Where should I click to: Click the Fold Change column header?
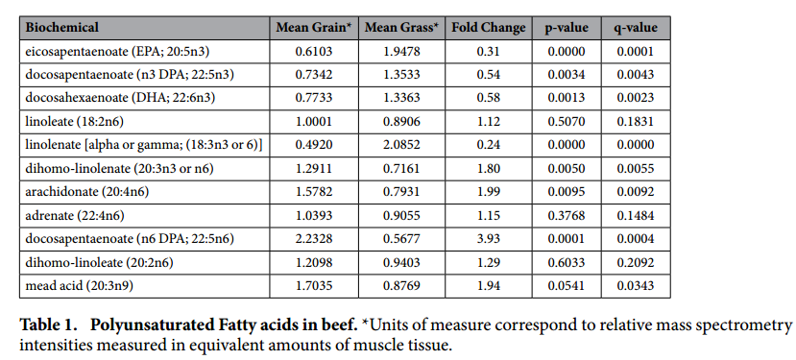[489, 28]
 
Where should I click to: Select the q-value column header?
[636, 28]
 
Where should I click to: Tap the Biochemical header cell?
[62, 28]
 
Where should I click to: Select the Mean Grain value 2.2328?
[314, 239]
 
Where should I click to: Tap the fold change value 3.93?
[489, 239]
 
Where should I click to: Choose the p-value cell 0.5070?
[566, 122]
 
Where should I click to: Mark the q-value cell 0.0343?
[636, 286]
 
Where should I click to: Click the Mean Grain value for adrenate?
[314, 215]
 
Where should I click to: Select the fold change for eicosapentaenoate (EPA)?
[489, 51]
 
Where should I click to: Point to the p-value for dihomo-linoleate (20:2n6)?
[566, 262]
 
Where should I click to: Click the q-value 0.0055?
[636, 169]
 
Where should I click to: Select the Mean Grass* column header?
[401, 28]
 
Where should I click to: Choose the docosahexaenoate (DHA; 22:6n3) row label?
[120, 98]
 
